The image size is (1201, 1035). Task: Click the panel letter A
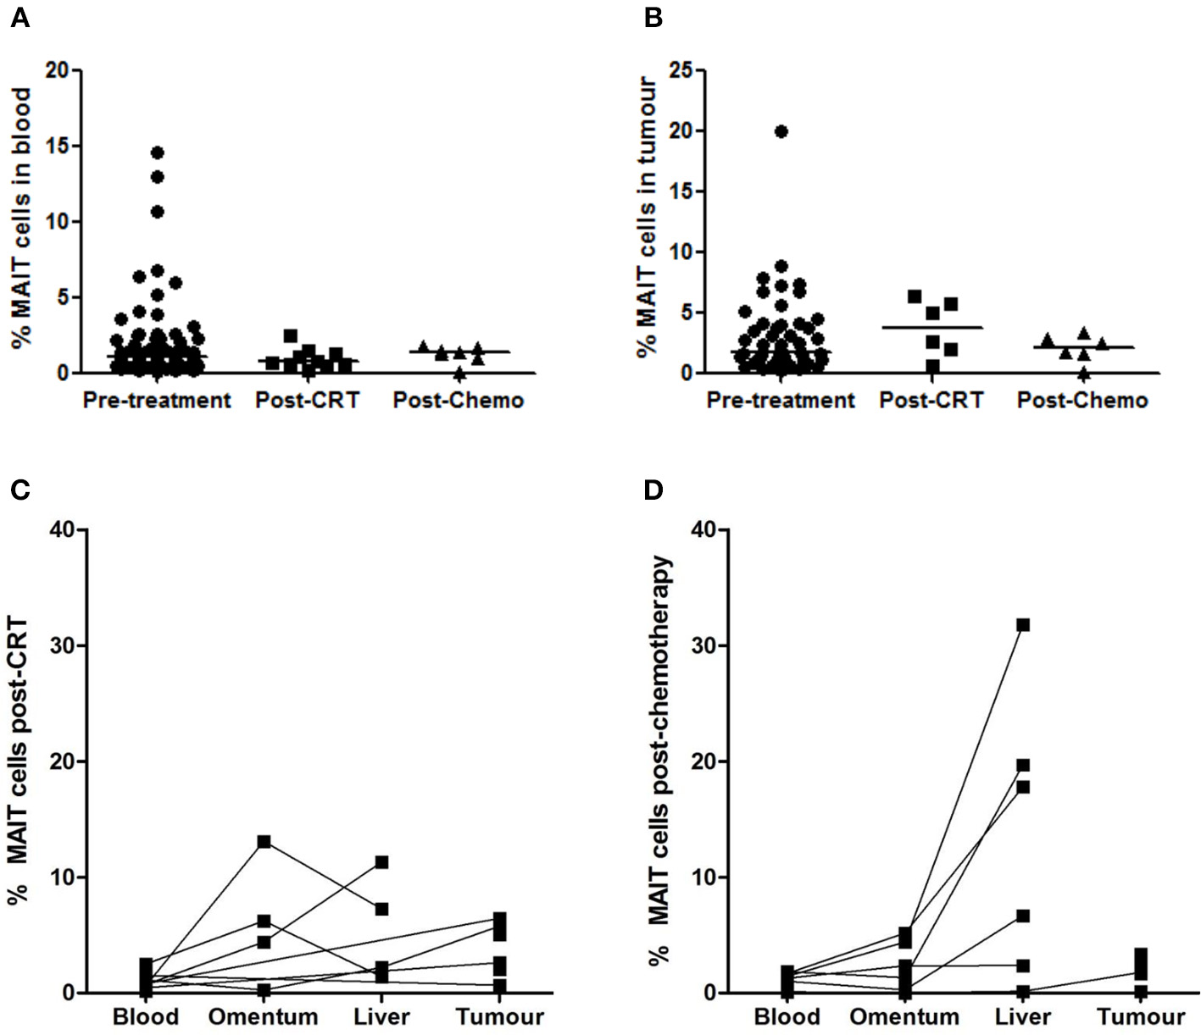click(x=19, y=18)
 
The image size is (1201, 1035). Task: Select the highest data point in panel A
click(x=157, y=152)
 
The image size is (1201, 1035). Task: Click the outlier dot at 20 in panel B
click(x=781, y=131)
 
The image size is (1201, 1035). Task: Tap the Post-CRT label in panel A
click(x=308, y=400)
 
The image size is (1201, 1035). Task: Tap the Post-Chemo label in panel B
click(x=1082, y=400)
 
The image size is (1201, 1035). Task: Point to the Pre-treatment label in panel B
click(x=781, y=400)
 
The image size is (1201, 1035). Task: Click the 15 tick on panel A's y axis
click(x=58, y=146)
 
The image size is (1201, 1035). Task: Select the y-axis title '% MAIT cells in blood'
click(x=22, y=218)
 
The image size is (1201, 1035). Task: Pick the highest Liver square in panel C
click(x=381, y=862)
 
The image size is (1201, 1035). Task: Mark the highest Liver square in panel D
click(x=1023, y=625)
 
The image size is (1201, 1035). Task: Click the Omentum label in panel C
click(x=263, y=1016)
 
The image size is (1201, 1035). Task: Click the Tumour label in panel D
click(x=1141, y=1016)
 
